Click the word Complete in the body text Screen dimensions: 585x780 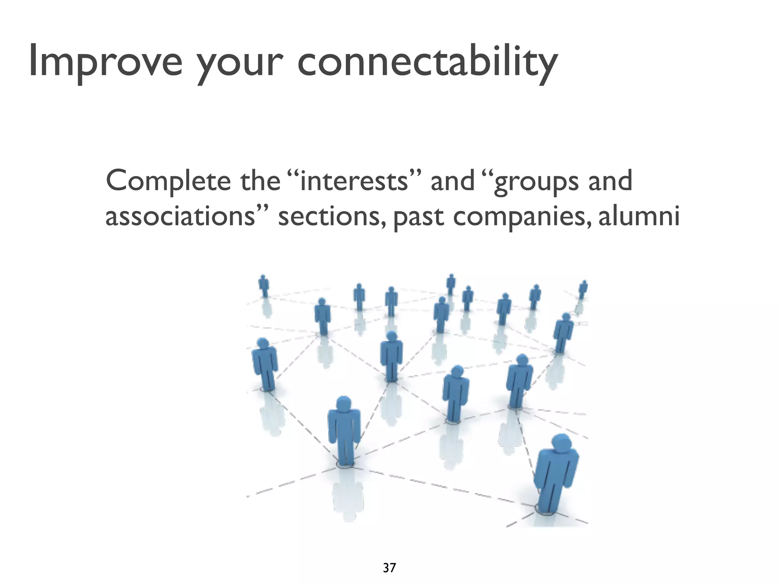point(168,181)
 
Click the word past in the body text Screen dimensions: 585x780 point(418,218)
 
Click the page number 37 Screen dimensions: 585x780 point(389,568)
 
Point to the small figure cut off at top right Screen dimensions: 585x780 point(583,289)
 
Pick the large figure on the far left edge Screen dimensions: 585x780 point(265,364)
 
